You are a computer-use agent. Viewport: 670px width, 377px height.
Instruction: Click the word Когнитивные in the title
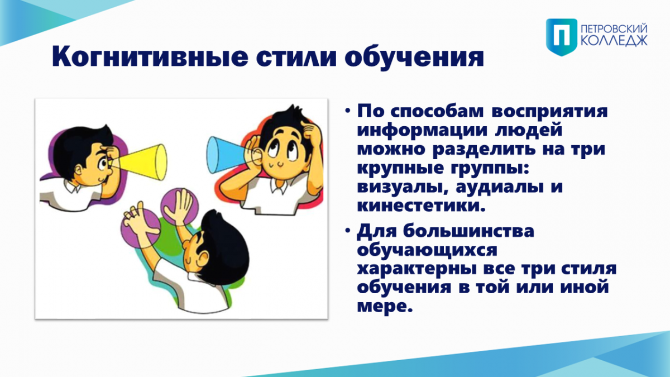point(150,56)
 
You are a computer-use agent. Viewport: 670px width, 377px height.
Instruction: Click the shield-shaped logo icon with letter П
point(562,37)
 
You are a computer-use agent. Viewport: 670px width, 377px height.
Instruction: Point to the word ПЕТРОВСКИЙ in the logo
point(614,29)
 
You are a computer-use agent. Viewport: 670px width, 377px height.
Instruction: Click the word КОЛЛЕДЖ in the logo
point(614,41)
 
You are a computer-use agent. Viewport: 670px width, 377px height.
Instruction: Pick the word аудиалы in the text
point(500,188)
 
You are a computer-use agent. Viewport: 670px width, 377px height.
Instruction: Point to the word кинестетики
point(421,206)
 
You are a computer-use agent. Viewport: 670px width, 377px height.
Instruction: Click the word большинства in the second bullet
point(468,231)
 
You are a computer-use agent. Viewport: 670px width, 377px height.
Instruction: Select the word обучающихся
point(427,251)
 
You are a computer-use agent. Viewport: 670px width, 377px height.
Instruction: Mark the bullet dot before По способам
point(347,111)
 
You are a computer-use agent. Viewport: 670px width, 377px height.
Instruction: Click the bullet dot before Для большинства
point(347,231)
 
